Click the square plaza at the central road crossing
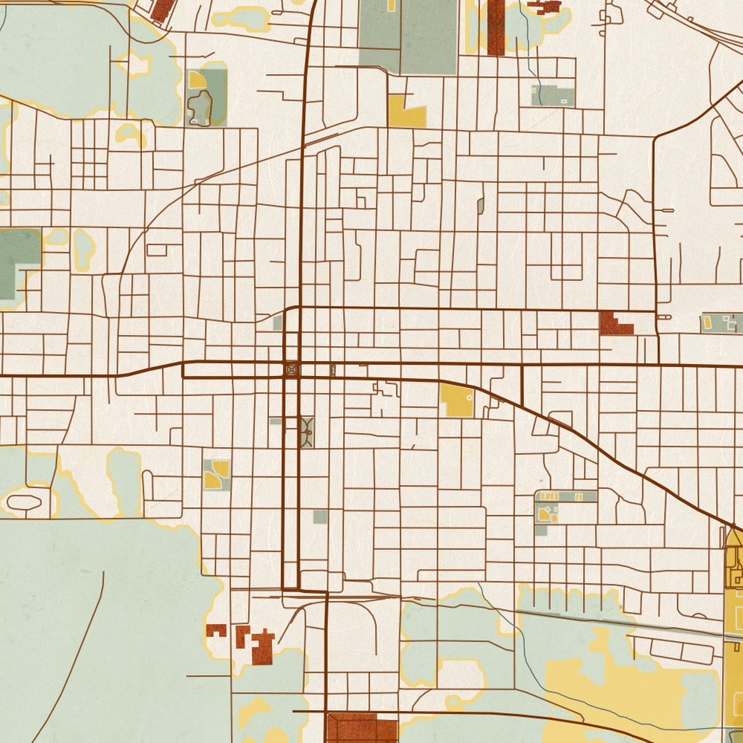click(291, 369)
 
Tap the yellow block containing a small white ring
click(456, 400)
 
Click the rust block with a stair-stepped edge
click(614, 323)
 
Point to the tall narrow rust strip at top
click(496, 27)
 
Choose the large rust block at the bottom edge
click(361, 727)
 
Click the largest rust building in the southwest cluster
click(262, 647)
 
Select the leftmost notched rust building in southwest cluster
click(215, 629)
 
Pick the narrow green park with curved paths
click(306, 432)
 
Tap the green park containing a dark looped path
click(205, 98)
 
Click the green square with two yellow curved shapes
click(216, 474)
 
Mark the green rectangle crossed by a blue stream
click(553, 96)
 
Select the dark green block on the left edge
click(18, 262)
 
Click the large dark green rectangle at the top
click(428, 36)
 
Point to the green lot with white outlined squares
click(722, 323)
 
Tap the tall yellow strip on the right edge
click(733, 635)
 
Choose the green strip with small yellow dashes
click(566, 496)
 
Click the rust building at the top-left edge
click(161, 10)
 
